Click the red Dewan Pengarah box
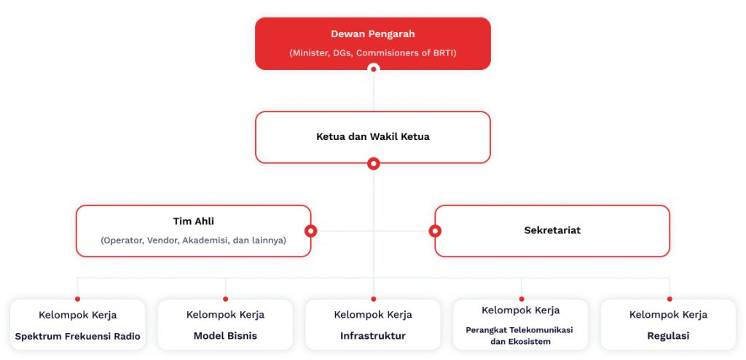[x=373, y=44]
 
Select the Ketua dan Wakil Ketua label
[x=373, y=137]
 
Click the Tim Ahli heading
[x=194, y=222]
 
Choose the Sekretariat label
[x=552, y=230]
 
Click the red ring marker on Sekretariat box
[x=435, y=231]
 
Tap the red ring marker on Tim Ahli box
[x=310, y=231]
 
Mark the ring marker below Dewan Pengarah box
[x=374, y=69]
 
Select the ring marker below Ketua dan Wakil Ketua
[x=374, y=164]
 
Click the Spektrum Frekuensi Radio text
[x=77, y=336]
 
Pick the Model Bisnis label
[x=225, y=336]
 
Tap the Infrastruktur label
[x=373, y=336]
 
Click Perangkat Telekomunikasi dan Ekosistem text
[x=519, y=335]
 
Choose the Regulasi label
[x=669, y=336]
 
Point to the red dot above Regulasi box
[x=670, y=299]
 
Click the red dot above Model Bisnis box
[x=226, y=299]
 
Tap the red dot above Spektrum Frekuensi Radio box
[x=77, y=299]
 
